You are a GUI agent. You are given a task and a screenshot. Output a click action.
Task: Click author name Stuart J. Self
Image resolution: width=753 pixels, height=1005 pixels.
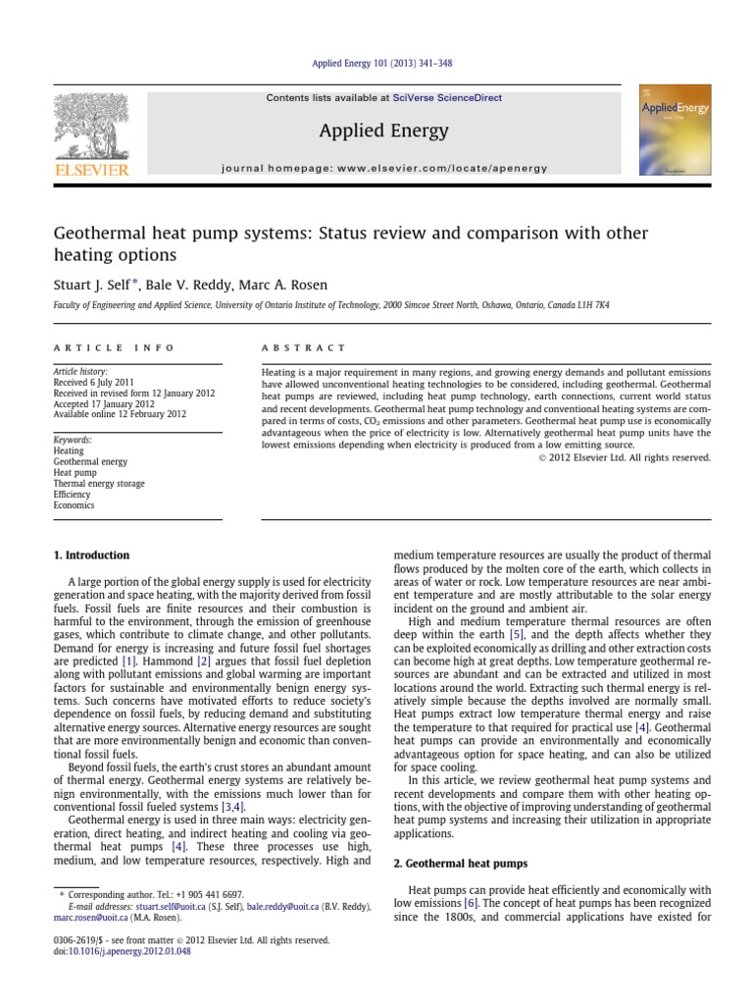(x=94, y=285)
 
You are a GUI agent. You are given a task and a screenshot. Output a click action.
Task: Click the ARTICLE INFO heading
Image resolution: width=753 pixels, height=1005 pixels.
(x=114, y=347)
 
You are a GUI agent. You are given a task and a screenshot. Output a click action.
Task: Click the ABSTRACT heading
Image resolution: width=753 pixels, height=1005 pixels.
(x=303, y=347)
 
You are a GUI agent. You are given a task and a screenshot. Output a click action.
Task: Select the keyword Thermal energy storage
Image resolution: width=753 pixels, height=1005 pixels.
(x=98, y=484)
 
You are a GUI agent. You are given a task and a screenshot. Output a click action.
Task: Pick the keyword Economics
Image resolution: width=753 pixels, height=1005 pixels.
(x=74, y=505)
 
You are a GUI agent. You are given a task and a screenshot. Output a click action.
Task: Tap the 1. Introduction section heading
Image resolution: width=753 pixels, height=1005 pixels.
(x=90, y=555)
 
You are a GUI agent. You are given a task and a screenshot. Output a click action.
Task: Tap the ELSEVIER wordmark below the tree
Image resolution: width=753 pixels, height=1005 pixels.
(x=91, y=170)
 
